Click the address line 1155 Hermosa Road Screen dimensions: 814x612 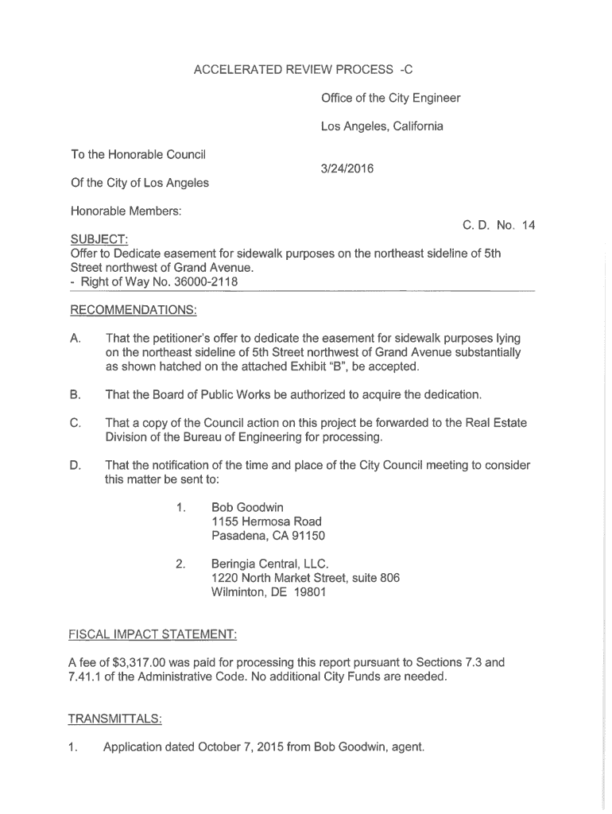click(x=266, y=521)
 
